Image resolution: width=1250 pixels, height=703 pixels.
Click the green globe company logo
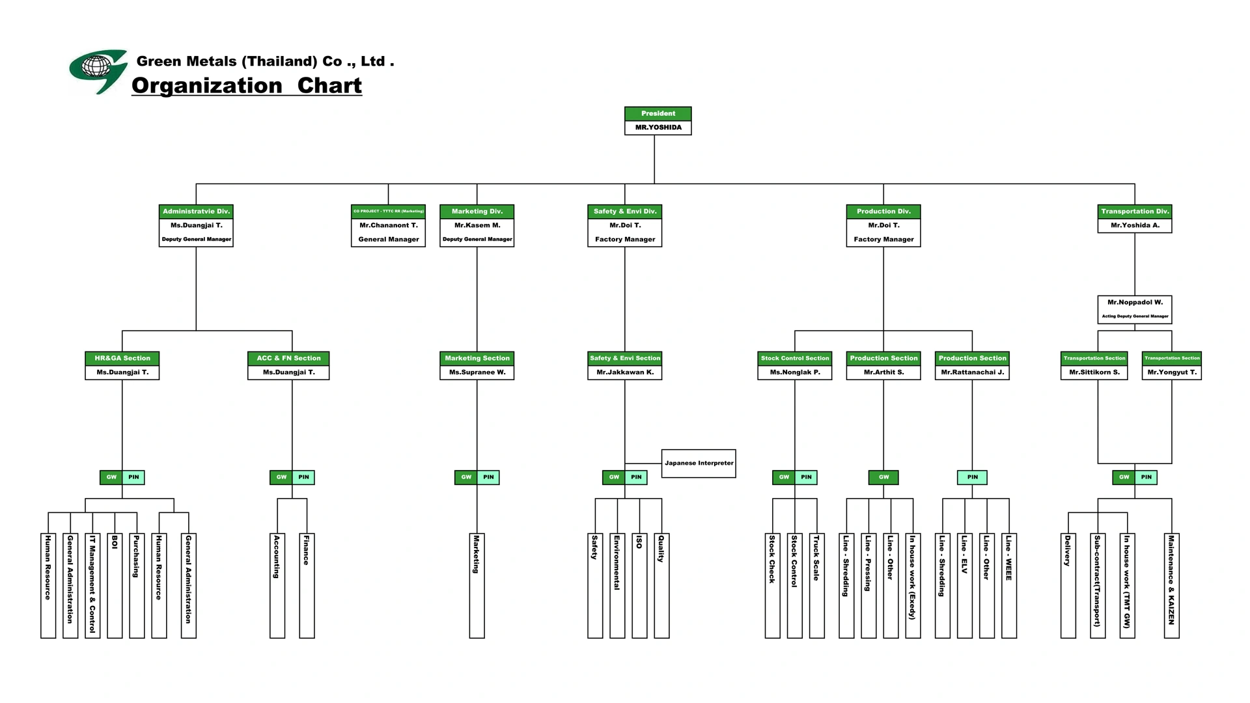98,70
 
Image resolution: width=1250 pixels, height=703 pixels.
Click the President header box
658,113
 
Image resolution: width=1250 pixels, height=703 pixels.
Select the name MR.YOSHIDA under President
658,128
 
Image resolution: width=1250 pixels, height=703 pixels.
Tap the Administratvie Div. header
196,212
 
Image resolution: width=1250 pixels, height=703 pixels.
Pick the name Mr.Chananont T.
389,225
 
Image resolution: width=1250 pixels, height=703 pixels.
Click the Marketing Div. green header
477,212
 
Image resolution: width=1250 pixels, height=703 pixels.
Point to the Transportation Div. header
1135,212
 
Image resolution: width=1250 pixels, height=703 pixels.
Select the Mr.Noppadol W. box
1135,309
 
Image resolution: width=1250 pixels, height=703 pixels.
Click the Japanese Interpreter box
699,463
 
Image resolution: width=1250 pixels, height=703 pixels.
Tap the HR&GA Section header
122,358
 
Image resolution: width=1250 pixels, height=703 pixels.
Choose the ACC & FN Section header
288,358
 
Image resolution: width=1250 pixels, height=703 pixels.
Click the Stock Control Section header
795,358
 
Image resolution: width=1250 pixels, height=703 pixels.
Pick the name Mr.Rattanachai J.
973,372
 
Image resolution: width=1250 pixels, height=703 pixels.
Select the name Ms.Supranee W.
477,372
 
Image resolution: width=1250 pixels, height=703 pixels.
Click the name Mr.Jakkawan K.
625,372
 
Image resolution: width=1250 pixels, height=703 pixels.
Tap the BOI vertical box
115,586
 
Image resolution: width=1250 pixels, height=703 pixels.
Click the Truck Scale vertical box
816,586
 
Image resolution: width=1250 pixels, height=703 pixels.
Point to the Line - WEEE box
1009,586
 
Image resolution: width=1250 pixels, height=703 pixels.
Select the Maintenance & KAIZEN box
1171,586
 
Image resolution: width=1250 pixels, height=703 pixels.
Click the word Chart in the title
329,85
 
